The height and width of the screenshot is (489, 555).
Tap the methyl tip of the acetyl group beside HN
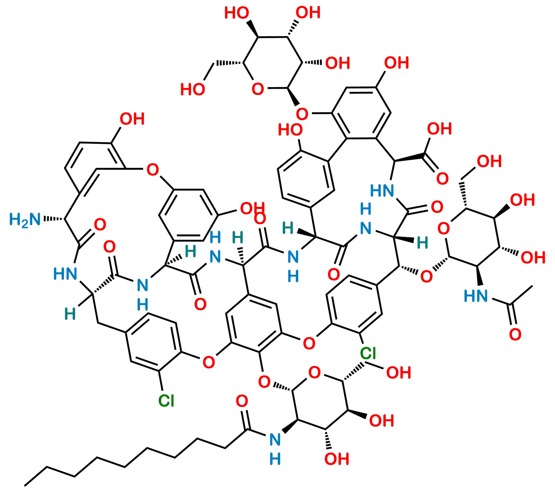click(x=532, y=286)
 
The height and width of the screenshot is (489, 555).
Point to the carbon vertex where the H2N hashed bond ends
click(x=64, y=219)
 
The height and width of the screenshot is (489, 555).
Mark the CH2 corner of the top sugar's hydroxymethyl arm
click(x=214, y=64)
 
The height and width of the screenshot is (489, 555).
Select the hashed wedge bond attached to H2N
click(x=54, y=219)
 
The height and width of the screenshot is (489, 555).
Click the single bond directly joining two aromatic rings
click(x=337, y=150)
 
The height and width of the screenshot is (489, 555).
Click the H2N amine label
click(x=25, y=219)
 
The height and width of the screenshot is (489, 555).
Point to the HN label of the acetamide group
click(x=476, y=296)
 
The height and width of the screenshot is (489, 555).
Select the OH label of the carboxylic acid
click(x=439, y=129)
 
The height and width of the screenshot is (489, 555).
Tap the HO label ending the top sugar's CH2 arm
click(x=193, y=89)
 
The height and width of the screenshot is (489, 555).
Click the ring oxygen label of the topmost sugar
click(x=258, y=89)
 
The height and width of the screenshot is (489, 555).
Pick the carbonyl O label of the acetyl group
click(x=515, y=334)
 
